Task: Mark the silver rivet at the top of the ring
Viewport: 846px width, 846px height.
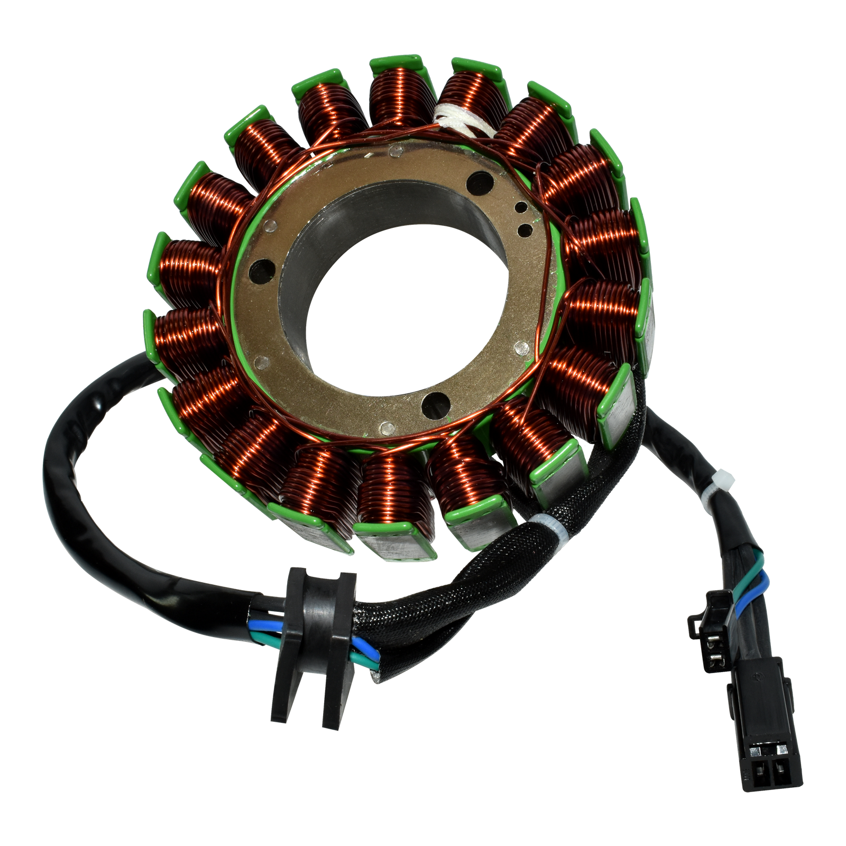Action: tap(393, 152)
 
